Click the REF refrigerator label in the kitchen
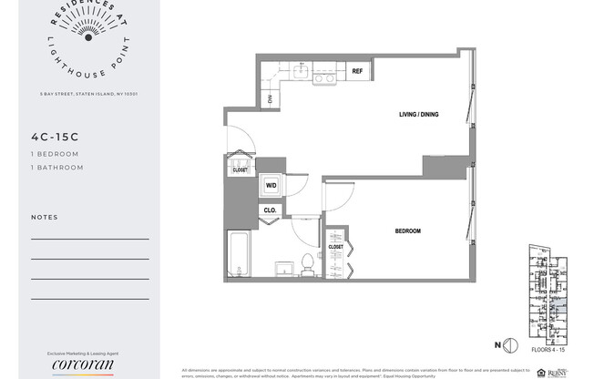pyautogui.click(x=358, y=71)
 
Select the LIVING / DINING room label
pyautogui.click(x=420, y=115)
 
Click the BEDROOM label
pyautogui.click(x=407, y=231)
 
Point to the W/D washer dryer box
pyautogui.click(x=271, y=185)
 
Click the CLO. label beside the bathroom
pyautogui.click(x=270, y=210)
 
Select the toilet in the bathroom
pyautogui.click(x=307, y=263)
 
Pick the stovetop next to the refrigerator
pyautogui.click(x=324, y=78)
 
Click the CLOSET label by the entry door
pyautogui.click(x=240, y=169)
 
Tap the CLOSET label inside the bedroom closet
pyautogui.click(x=335, y=247)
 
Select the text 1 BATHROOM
pyautogui.click(x=56, y=168)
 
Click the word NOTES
pyautogui.click(x=44, y=218)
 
